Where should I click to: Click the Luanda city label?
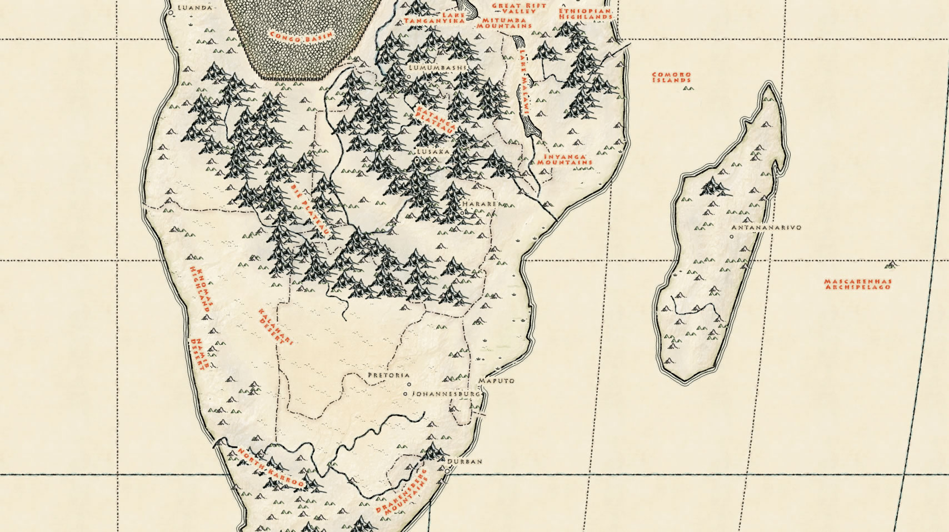[186, 8]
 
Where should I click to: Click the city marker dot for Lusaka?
[417, 160]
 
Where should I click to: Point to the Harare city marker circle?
[462, 212]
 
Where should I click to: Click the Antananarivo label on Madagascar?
[766, 228]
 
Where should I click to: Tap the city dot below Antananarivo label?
[732, 237]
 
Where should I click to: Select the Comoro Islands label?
[672, 77]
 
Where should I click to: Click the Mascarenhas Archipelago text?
[857, 284]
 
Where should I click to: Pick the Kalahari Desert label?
[271, 327]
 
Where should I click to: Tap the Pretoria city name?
[388, 375]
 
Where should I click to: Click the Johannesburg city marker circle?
[405, 394]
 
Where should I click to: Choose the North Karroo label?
[271, 468]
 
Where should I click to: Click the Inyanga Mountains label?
[563, 160]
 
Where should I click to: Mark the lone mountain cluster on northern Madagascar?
[715, 187]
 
